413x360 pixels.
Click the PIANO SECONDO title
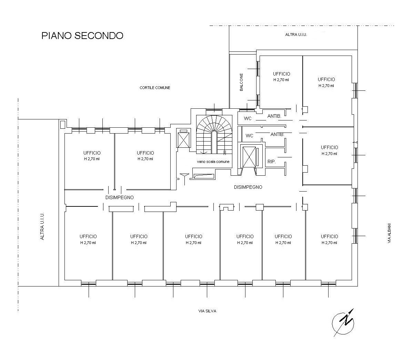point(82,36)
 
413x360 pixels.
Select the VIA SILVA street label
point(207,311)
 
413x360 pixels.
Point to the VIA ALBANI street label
point(389,233)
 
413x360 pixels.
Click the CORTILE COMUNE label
point(155,88)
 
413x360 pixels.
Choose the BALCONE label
point(241,82)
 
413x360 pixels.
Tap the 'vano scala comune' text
point(213,162)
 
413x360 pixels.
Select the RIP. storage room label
point(272,162)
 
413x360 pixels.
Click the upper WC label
point(248,118)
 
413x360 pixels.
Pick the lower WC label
point(250,136)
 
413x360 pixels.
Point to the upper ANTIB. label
point(274,116)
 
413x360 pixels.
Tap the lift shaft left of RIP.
point(249,157)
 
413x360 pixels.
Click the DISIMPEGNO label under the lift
point(248,187)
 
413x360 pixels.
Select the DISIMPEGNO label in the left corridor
point(120,197)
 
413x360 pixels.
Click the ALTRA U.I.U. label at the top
point(296,35)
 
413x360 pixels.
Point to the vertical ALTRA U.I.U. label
point(42,226)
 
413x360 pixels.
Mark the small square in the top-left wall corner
point(62,124)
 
